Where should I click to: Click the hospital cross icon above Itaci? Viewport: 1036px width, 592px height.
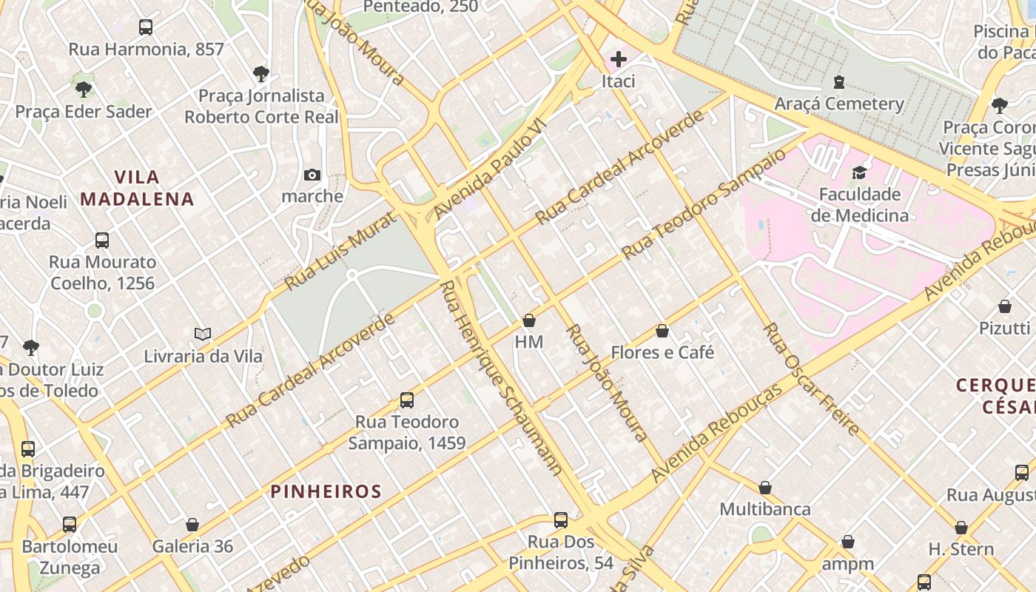(618, 58)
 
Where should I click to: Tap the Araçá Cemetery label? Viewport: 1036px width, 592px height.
(839, 104)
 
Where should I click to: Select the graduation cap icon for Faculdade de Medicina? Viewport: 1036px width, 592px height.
(858, 172)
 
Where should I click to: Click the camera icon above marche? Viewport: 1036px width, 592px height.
(312, 175)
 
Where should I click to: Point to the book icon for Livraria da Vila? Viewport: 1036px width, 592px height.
(203, 334)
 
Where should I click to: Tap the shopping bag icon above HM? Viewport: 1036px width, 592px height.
(529, 320)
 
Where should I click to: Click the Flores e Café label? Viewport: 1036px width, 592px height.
(662, 352)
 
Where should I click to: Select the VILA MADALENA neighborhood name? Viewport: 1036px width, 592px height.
(138, 188)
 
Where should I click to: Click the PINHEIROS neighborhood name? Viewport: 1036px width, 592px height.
(326, 491)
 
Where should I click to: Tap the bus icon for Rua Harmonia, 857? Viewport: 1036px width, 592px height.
(146, 27)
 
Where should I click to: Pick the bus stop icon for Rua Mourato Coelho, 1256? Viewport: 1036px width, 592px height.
(102, 240)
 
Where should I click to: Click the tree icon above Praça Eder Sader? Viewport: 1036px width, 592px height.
(84, 90)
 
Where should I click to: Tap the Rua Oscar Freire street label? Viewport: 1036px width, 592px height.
(812, 379)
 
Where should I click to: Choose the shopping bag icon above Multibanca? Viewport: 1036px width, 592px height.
(765, 488)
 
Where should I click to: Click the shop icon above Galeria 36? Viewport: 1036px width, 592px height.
(192, 525)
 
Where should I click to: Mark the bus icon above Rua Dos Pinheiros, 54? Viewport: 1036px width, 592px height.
(561, 520)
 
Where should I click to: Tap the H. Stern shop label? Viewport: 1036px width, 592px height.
(961, 549)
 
